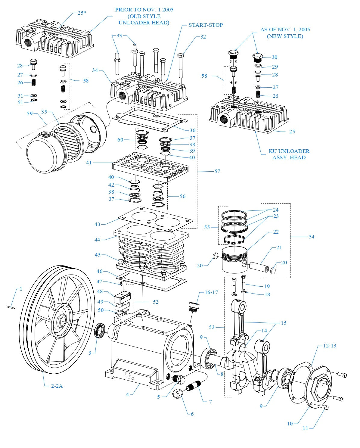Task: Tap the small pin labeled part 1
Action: (x=10, y=307)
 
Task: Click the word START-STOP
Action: (x=206, y=25)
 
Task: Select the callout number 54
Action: (x=311, y=237)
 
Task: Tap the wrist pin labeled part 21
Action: (x=258, y=266)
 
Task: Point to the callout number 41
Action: (x=89, y=163)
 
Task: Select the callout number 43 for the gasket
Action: (x=97, y=224)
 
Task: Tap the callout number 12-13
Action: (x=329, y=346)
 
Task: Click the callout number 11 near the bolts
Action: (x=305, y=428)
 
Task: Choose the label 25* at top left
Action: (x=82, y=13)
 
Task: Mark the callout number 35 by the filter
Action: (x=44, y=112)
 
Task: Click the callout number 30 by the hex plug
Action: (x=275, y=57)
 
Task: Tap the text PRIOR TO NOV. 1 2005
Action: (x=144, y=10)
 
